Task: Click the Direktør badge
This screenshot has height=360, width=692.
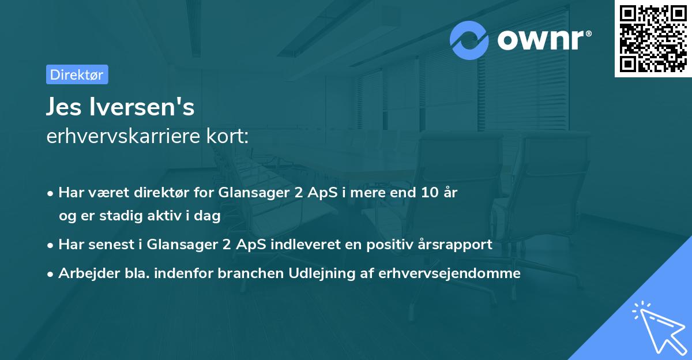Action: (77, 74)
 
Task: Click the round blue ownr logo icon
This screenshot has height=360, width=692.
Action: (470, 40)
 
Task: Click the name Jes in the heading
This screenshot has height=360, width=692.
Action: (66, 108)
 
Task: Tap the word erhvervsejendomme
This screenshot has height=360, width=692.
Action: (449, 273)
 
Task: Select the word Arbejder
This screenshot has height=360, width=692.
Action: (86, 273)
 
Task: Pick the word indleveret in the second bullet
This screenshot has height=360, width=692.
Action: (296, 244)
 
